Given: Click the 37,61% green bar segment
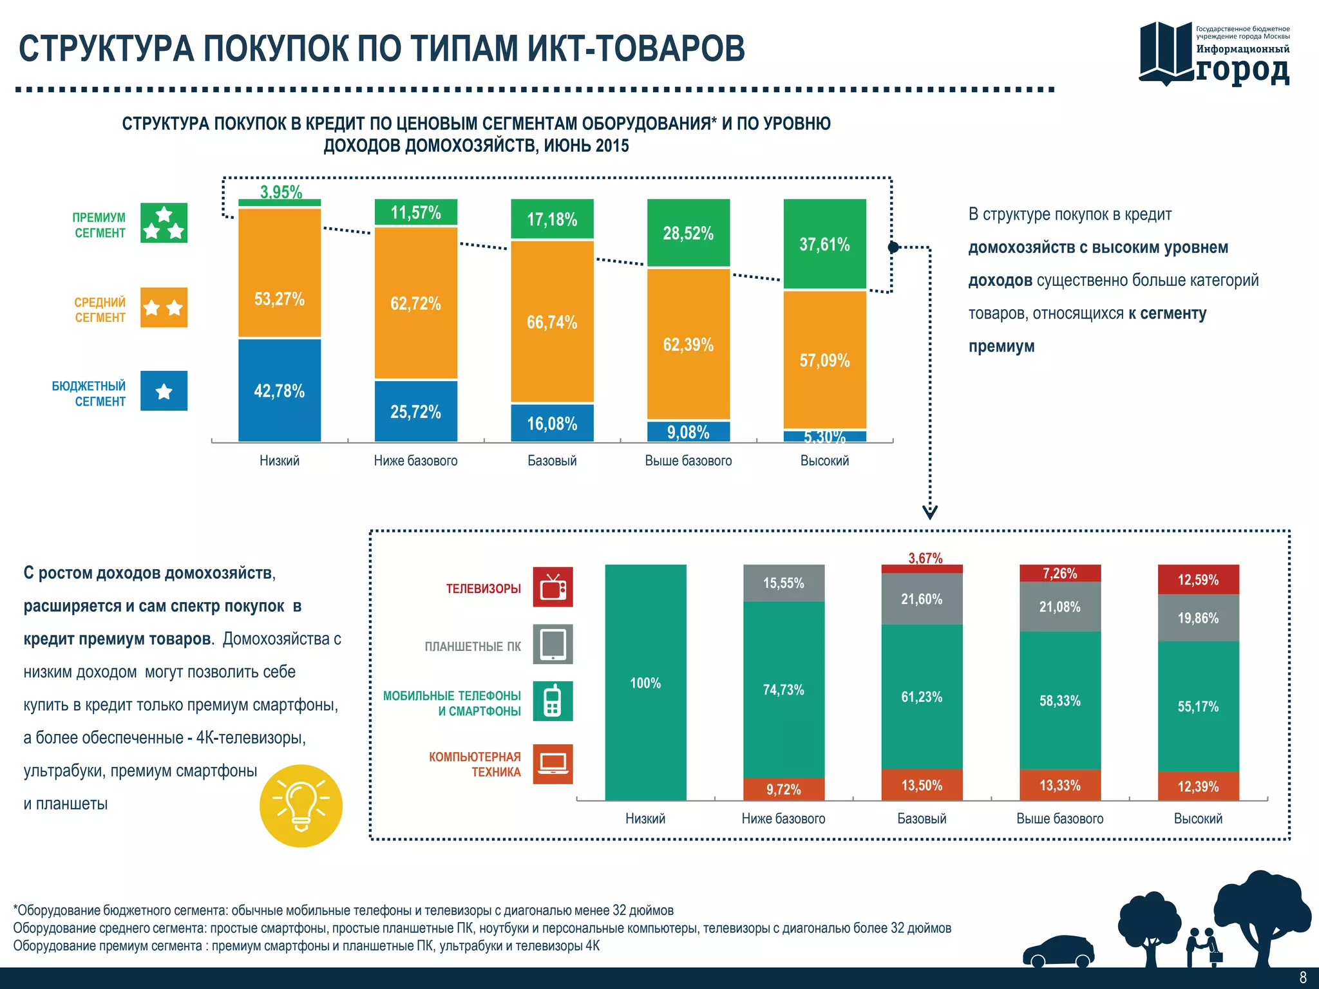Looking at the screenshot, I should pos(824,244).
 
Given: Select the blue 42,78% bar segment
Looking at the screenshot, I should pos(280,390).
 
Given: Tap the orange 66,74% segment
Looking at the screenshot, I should pos(552,321).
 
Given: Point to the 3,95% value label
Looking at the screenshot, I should pos(281,191).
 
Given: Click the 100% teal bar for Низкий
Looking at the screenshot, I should pos(645,683).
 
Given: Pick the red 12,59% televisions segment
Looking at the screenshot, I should pos(1198,579).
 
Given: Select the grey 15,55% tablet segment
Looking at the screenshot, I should pos(783,583).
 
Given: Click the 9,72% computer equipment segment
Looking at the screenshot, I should pos(783,789).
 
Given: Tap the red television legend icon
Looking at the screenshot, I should pos(553,587).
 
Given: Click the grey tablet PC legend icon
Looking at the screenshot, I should pos(553,644).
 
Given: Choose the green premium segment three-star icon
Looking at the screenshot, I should pos(164,223).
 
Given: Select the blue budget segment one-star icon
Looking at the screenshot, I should pos(164,391).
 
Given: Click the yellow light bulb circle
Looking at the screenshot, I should pos(301,805).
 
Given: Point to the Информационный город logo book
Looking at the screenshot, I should pos(1166,53).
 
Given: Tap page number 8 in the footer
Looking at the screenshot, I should pos(1303,977).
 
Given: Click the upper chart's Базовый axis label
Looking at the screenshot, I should pos(552,460).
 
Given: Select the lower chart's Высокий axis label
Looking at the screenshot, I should pos(1198,818).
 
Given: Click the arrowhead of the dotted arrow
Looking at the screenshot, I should pos(929,512).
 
